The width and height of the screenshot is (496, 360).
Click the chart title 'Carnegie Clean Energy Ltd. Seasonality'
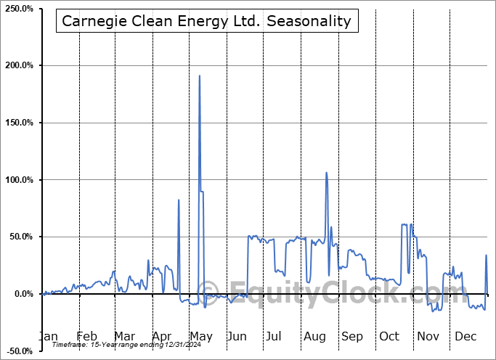[x=206, y=21]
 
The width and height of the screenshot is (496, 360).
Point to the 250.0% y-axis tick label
[x=18, y=9]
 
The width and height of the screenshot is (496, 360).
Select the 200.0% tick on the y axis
[x=18, y=66]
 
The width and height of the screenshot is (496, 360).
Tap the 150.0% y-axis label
[x=18, y=123]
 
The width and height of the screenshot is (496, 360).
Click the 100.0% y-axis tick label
[x=18, y=180]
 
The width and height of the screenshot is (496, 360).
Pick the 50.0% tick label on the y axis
[x=20, y=237]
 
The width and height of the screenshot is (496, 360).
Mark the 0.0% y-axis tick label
[x=23, y=294]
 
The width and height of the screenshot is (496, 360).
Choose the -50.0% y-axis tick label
[x=20, y=351]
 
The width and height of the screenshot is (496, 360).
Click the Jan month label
[x=48, y=336]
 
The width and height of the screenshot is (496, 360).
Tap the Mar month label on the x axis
[x=123, y=336]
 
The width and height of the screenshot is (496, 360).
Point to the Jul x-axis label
[x=274, y=336]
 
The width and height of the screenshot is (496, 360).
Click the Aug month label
[x=314, y=336]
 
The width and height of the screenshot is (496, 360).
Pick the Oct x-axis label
[x=389, y=336]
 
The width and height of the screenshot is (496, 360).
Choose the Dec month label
[x=465, y=336]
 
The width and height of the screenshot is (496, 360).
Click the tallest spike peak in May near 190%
[x=200, y=75]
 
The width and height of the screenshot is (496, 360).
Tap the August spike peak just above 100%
[x=326, y=173]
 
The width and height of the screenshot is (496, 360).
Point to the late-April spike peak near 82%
[x=179, y=200]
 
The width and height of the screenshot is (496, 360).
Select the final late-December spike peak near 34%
[x=486, y=255]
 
